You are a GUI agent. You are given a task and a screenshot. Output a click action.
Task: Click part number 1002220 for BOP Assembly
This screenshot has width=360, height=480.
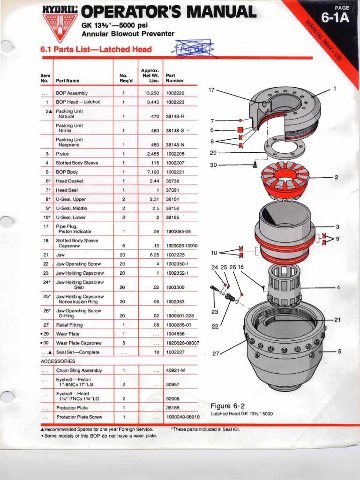click(x=175, y=93)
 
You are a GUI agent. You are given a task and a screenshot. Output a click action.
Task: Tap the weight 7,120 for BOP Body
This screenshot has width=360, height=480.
click(x=152, y=172)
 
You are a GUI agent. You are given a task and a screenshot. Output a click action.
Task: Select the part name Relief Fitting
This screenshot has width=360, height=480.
click(x=69, y=325)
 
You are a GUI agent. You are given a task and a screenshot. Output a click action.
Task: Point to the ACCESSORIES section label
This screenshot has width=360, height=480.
click(x=58, y=361)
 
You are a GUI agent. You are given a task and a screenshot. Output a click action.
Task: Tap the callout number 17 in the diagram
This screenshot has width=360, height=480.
click(x=211, y=90)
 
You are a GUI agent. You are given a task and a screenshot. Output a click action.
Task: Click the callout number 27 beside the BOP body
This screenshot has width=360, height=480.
click(x=216, y=353)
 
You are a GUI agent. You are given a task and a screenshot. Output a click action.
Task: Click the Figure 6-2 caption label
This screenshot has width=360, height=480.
click(x=228, y=406)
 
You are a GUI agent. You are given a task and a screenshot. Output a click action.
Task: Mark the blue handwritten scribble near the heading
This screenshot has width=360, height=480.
click(x=194, y=48)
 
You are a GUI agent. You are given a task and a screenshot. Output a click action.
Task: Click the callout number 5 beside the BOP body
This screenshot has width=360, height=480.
click(x=338, y=350)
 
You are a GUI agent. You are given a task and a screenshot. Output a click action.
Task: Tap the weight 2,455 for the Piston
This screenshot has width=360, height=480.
click(x=152, y=154)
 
